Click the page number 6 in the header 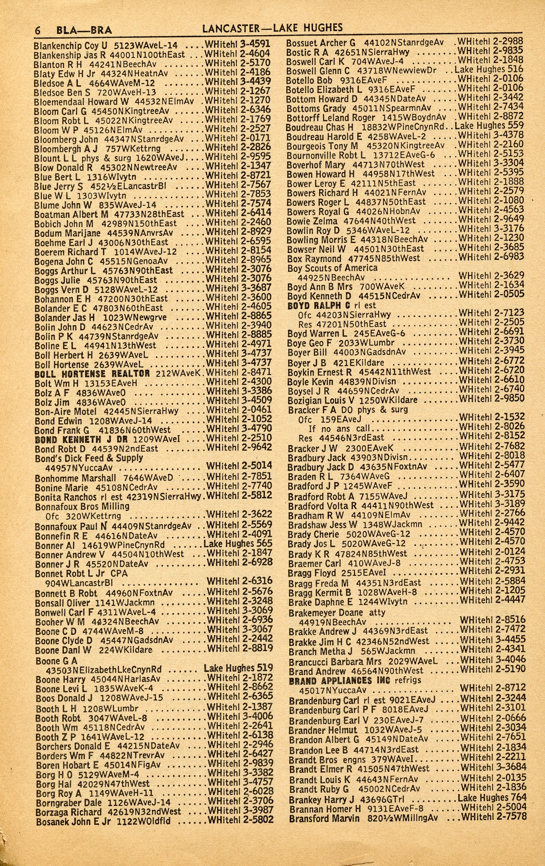37,30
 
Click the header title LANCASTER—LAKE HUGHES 272,28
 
